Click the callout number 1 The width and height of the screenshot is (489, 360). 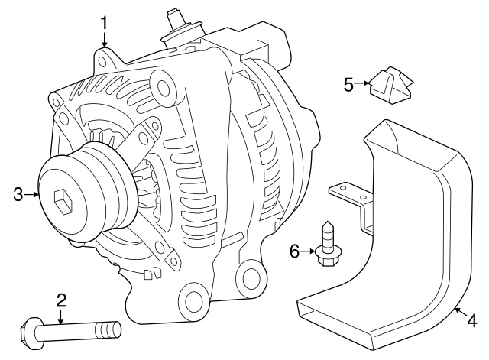tap(104, 23)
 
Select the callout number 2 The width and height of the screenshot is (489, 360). tap(61, 300)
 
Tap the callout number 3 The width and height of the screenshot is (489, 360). tap(18, 195)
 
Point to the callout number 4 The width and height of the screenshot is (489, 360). tap(472, 321)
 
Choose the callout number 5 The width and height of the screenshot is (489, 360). tap(349, 84)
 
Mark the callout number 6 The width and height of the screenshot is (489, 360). tap(294, 251)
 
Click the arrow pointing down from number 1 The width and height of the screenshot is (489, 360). tap(104, 40)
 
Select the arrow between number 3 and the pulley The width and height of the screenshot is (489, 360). tap(31, 195)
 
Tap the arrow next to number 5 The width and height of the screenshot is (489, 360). tap(362, 83)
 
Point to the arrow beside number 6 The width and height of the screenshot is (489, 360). tap(309, 251)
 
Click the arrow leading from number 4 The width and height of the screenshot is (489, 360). tap(461, 313)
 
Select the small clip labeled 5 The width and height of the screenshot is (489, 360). tap(391, 84)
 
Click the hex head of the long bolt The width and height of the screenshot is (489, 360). tap(29, 331)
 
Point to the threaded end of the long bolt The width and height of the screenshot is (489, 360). tap(108, 329)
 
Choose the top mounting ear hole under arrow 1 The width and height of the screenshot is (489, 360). tap(102, 62)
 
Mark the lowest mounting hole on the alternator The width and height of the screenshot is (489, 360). tap(193, 300)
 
